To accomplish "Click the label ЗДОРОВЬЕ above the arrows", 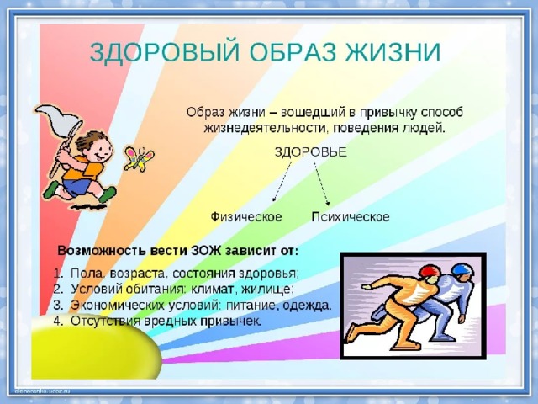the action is point(310,151).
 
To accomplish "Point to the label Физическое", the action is point(246,217).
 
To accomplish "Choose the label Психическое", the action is point(351,217).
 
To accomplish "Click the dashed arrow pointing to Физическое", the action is point(282,182).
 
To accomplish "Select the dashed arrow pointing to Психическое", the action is point(321,183).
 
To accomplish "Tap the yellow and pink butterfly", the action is point(139,159).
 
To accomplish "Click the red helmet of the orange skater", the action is point(429,271).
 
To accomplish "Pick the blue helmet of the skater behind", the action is point(462,270).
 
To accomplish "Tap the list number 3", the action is point(58,306).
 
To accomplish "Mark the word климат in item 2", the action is point(211,289).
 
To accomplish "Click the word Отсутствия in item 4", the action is point(105,322).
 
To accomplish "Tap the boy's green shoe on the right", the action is point(108,194).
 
